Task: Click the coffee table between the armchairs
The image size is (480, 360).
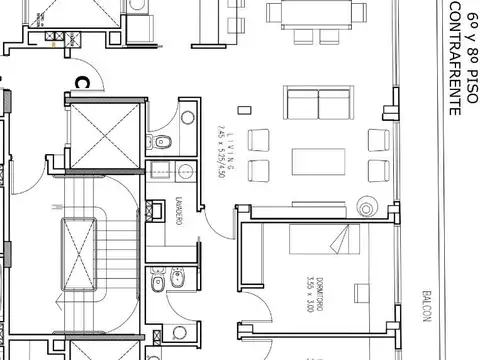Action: tap(317, 162)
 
